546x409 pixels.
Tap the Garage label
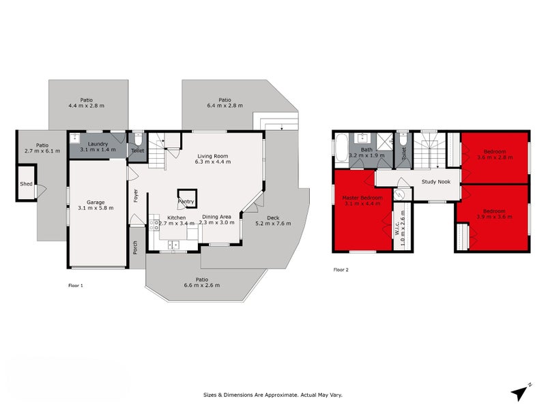(96, 203)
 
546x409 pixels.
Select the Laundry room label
(95, 145)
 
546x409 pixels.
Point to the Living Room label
(212, 159)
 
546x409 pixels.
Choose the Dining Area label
(216, 219)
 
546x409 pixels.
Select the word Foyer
(136, 196)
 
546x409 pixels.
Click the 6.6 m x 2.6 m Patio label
(201, 282)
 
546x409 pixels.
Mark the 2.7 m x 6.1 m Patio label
(42, 147)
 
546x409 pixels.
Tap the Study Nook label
(435, 182)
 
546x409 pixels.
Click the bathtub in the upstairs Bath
(340, 149)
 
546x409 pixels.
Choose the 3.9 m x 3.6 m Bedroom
(493, 215)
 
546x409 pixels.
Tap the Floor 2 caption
(341, 270)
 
